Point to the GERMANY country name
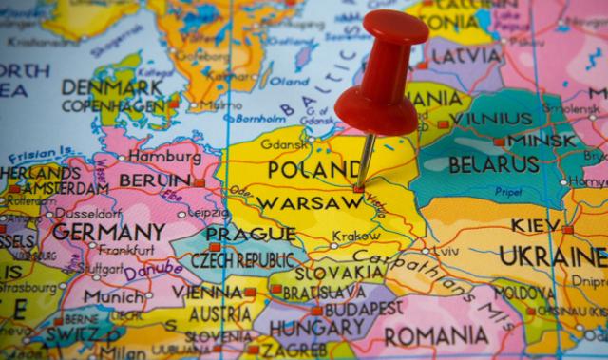point(108,232)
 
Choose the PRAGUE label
point(237,235)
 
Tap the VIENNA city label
point(207,292)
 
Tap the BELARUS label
point(494,164)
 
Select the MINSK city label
point(541,142)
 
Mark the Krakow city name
point(356,237)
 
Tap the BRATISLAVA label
point(323,290)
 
